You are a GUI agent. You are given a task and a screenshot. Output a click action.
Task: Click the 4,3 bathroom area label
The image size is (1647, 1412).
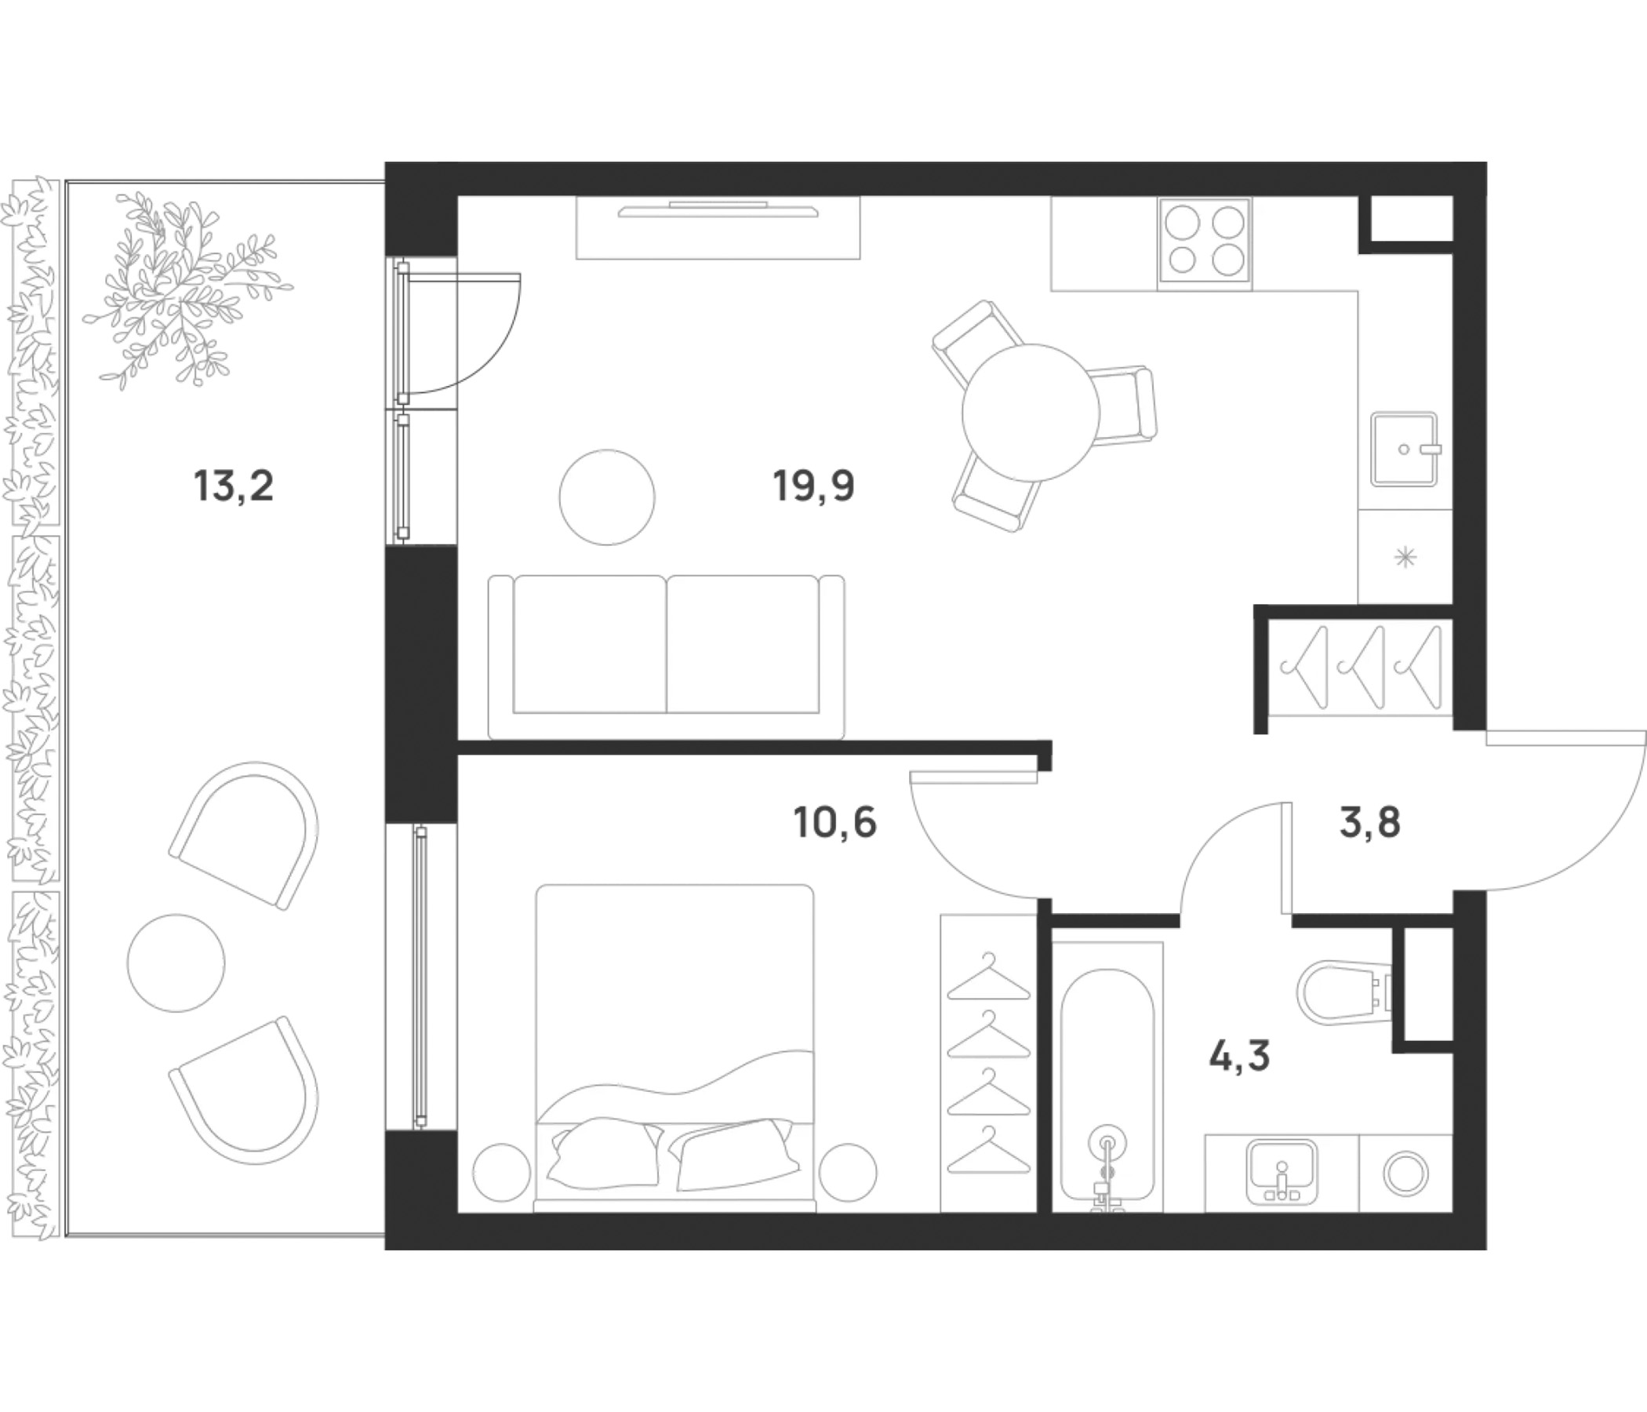pos(1239,1056)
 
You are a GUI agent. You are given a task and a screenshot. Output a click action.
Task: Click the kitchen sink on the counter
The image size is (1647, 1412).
pos(1405,449)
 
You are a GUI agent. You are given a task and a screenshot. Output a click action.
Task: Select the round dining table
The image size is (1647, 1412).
pos(1031,413)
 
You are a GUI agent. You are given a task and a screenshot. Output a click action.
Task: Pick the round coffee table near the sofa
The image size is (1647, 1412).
pos(607,497)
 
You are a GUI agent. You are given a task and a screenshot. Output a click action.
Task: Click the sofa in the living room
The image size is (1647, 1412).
pos(666,657)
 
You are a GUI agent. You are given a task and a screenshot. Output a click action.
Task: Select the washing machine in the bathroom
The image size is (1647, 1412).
pos(1405,1174)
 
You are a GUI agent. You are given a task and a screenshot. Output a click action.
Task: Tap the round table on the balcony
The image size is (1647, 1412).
pos(176,963)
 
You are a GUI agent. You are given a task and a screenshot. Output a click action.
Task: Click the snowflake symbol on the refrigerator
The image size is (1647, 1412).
pos(1405,557)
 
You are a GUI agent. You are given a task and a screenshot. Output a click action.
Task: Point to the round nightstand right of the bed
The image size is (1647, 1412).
pos(847,1173)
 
